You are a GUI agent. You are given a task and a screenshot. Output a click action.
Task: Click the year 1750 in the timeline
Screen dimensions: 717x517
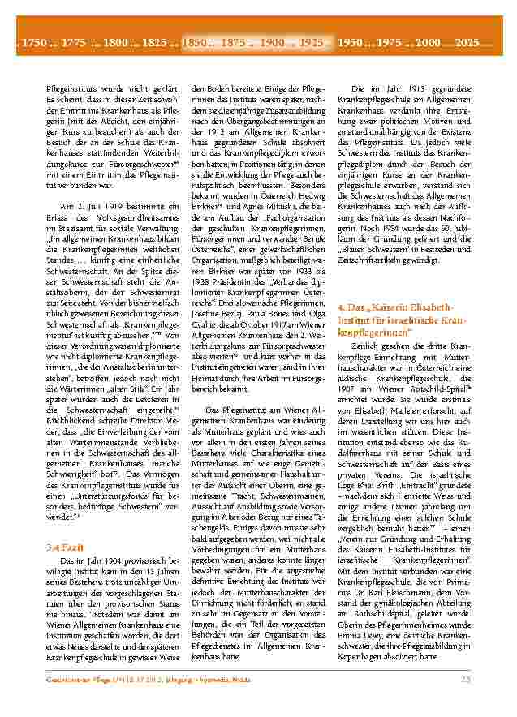[x=35, y=41]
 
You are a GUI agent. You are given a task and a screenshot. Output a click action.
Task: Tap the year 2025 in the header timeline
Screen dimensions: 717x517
[x=467, y=41]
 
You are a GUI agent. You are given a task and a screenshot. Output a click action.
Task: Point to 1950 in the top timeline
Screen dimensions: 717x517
[x=351, y=41]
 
